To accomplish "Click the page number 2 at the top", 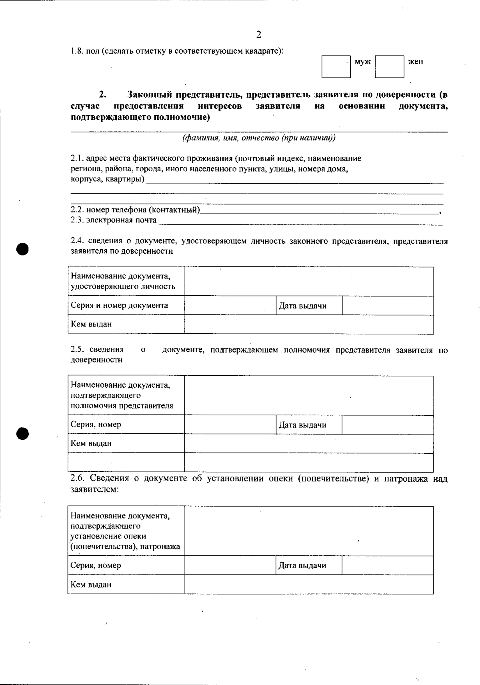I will click(258, 35).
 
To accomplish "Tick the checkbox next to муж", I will click(336, 66).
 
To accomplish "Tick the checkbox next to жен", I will click(390, 66).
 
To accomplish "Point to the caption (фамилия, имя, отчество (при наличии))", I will click(259, 138).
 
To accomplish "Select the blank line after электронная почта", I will click(300, 222).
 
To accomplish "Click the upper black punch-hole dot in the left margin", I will click(23, 248).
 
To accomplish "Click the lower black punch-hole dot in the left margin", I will click(23, 433).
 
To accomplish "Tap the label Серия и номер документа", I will click(119, 306).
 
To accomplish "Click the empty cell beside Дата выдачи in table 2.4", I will click(388, 306).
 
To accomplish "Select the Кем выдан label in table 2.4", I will click(91, 324).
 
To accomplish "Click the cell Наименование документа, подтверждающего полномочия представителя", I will click(122, 395).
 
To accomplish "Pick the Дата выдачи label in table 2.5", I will click(302, 425).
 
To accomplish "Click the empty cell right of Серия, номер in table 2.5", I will click(230, 425).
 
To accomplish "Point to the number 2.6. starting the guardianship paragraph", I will click(77, 478).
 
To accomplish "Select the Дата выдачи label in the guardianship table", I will click(302, 566).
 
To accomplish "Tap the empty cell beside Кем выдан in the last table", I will click(308, 585).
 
